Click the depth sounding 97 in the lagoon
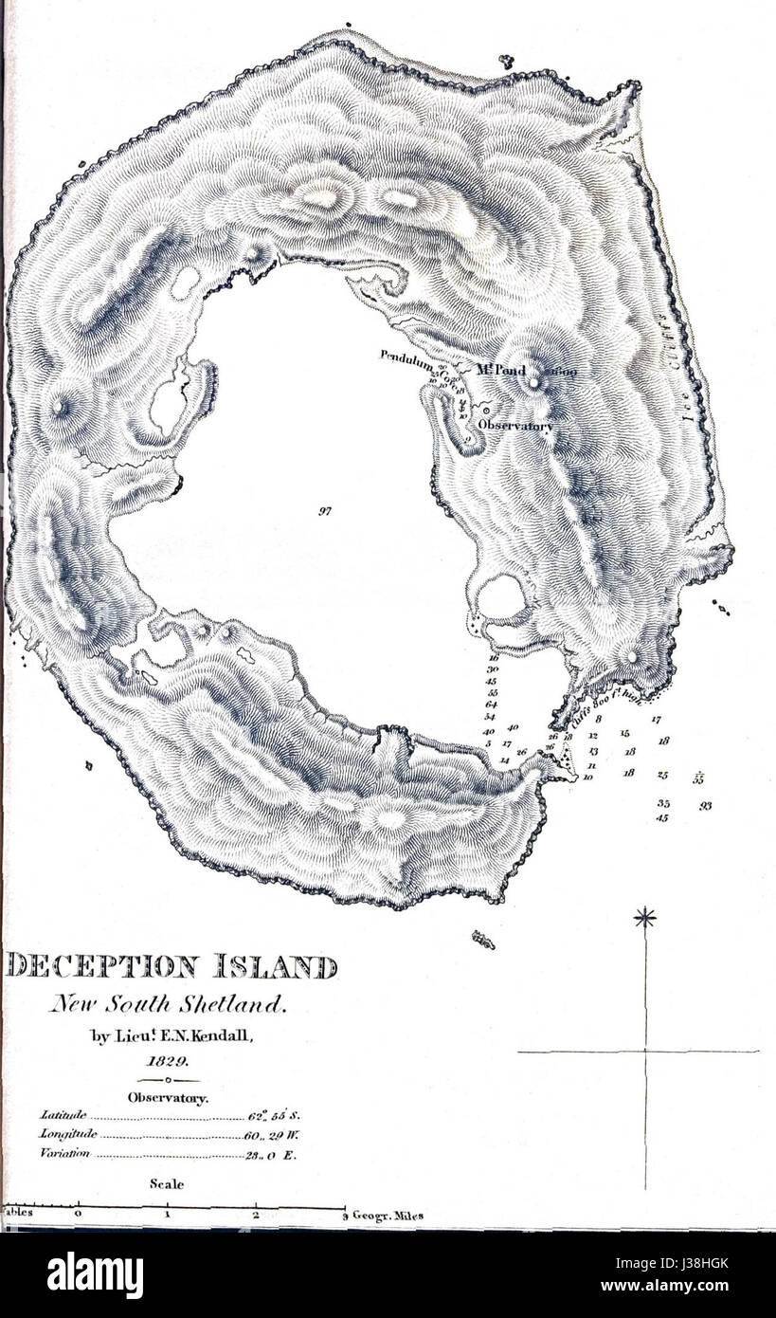pyautogui.click(x=325, y=510)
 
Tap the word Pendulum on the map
pyautogui.click(x=406, y=357)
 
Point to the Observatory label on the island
pyautogui.click(x=514, y=427)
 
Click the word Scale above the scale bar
pyautogui.click(x=167, y=1183)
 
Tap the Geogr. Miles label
pyautogui.click(x=388, y=1216)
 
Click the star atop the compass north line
pyautogui.click(x=645, y=917)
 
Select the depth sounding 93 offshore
pyautogui.click(x=706, y=805)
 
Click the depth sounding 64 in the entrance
pyautogui.click(x=492, y=705)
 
